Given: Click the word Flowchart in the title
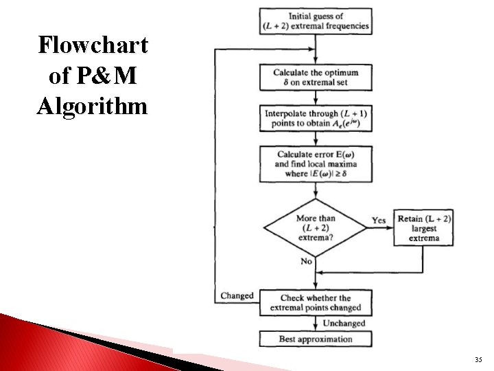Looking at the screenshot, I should (x=93, y=45).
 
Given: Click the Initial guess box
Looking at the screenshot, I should (x=316, y=21).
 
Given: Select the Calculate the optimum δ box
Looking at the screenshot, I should (x=316, y=77).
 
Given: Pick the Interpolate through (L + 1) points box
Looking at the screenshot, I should (x=316, y=118).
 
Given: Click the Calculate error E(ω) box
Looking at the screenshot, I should (x=316, y=164).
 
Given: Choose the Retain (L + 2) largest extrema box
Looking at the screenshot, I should (x=423, y=228).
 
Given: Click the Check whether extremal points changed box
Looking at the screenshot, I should (x=316, y=302).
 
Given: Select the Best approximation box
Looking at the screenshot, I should (x=316, y=339).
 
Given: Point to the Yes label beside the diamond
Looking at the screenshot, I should (x=379, y=221).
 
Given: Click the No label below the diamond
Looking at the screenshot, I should (x=306, y=262).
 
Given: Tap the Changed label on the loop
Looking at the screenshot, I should (x=237, y=296).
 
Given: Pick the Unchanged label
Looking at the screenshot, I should (x=344, y=323).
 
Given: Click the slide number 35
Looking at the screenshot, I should (x=478, y=360).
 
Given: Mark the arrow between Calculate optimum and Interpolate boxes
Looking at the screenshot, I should (x=316, y=98).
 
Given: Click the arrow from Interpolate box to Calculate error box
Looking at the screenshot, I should (x=316, y=139).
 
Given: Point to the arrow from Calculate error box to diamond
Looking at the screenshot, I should (x=316, y=190).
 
